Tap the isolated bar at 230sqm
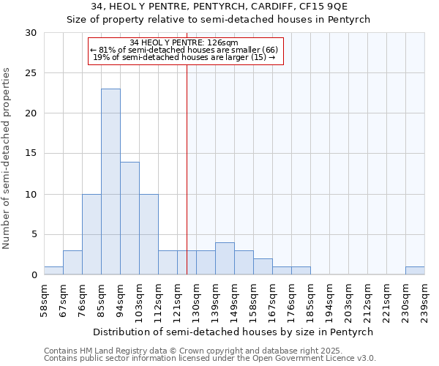[415, 271]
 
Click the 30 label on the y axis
[32, 33]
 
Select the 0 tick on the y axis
[34, 275]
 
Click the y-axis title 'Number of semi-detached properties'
[7, 158]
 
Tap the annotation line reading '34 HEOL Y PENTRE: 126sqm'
[184, 43]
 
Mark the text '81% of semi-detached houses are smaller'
[184, 50]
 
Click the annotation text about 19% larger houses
[184, 57]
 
